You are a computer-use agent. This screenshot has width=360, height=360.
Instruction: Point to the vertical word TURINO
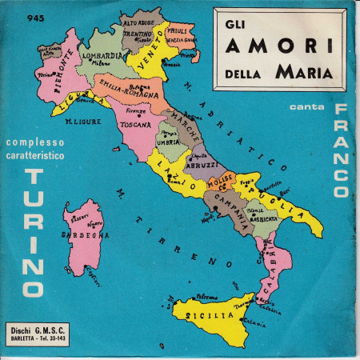tap(34, 231)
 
